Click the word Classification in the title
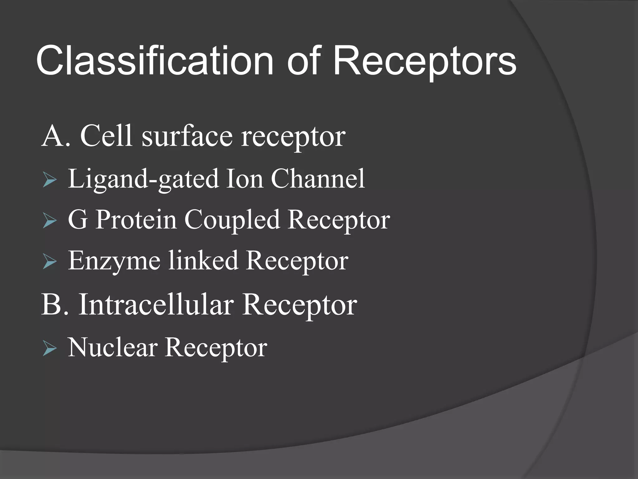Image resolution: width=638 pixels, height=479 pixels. (x=154, y=61)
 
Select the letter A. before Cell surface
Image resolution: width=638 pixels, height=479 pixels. (x=55, y=136)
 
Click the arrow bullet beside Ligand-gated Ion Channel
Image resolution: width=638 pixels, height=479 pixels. (x=50, y=180)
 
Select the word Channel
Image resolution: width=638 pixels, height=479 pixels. (x=318, y=179)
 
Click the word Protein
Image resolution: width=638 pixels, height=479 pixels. (x=136, y=220)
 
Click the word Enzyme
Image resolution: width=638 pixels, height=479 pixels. (x=114, y=261)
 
